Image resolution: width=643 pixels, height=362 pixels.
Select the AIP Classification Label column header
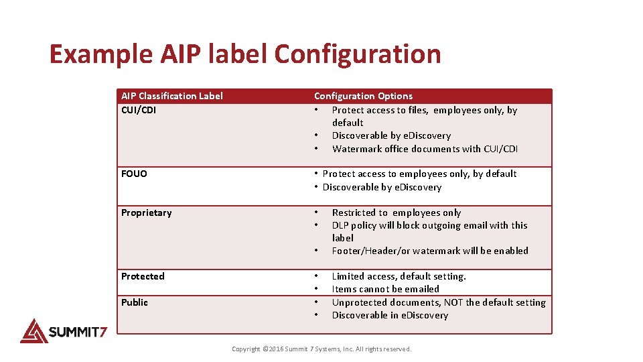point(172,96)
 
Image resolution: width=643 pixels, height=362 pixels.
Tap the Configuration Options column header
point(363,96)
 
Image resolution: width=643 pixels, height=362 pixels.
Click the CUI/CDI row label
point(139,110)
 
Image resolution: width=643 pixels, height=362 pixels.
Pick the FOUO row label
point(134,174)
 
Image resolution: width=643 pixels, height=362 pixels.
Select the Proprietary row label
point(146,213)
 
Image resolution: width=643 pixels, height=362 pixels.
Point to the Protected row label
point(143,276)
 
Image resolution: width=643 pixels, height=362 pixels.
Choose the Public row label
point(135,302)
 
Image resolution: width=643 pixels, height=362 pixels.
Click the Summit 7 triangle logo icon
point(33,330)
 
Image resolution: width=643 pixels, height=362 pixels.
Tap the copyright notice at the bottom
point(321,349)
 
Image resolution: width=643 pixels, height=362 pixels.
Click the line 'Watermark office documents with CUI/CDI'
point(425,149)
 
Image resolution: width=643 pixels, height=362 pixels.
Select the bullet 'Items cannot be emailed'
point(385,289)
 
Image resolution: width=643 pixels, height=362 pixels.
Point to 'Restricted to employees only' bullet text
point(397,213)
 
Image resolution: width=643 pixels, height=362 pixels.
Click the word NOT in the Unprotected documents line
point(453,302)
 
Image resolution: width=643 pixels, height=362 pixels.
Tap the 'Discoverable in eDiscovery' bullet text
point(390,315)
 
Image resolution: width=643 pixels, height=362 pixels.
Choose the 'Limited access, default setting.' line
point(399,276)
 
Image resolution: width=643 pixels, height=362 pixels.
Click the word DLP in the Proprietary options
point(340,225)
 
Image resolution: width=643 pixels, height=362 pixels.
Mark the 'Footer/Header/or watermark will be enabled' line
point(430,251)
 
